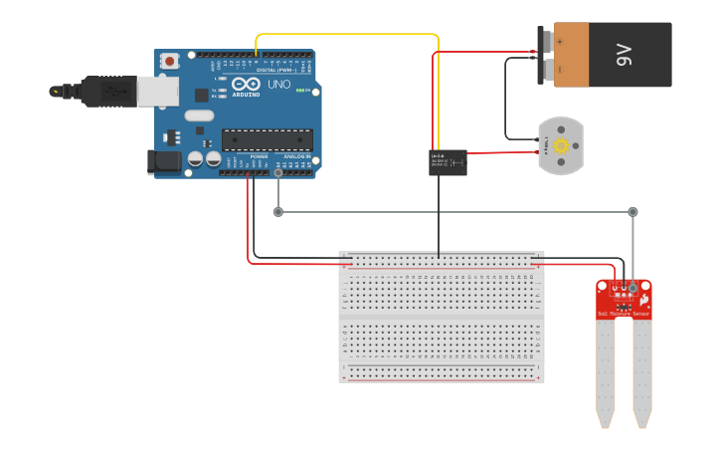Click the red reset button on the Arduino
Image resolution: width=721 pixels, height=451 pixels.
[x=170, y=61]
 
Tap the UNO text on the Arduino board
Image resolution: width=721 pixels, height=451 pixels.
[x=279, y=85]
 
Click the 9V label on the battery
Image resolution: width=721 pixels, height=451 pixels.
[x=625, y=56]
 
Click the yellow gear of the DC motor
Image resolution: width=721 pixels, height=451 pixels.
[x=561, y=146]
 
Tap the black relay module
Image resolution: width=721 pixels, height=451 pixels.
[x=448, y=162]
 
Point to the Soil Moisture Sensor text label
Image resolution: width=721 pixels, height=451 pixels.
[x=624, y=315]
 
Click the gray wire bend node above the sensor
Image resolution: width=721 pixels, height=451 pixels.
[x=632, y=211]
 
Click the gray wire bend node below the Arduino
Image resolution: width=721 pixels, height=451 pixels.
[x=278, y=211]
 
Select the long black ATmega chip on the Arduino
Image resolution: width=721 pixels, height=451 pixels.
[x=267, y=139]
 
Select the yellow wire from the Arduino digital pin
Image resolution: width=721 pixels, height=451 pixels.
[x=348, y=35]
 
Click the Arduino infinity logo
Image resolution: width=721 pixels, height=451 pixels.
[x=247, y=84]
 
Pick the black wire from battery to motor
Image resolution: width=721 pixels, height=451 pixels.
[x=505, y=100]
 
